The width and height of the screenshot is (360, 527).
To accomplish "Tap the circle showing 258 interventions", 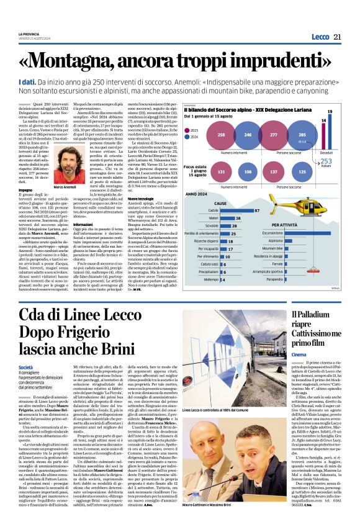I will click(x=222, y=134).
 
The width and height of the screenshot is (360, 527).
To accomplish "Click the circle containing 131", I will click(x=222, y=172).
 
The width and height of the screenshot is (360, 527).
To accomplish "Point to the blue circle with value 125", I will click(x=303, y=172).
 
